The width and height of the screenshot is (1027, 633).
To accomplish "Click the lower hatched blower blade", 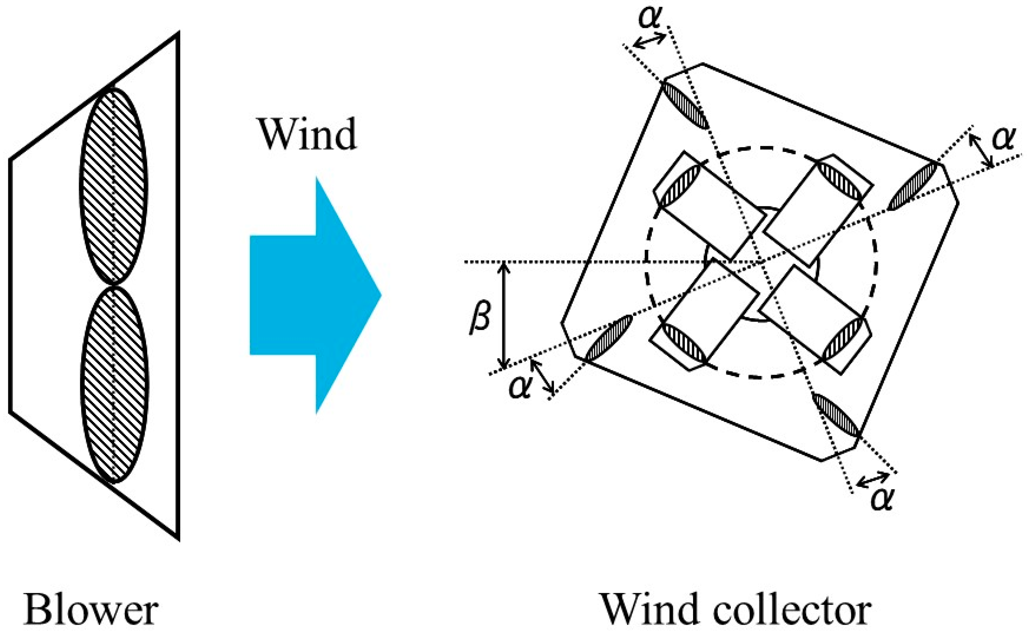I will [x=114, y=383].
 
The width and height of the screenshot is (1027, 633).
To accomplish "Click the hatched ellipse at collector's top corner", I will [x=685, y=105].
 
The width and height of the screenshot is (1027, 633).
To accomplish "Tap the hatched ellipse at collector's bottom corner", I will [x=835, y=415].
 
